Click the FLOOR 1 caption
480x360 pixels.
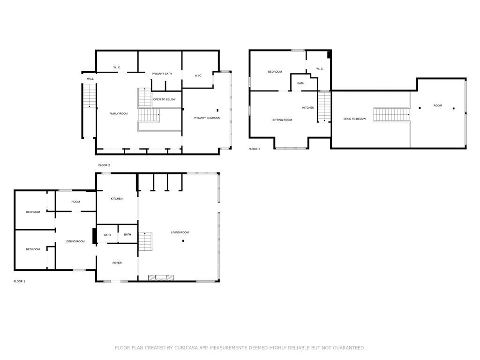(x=19, y=281)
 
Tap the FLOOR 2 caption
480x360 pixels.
(x=104, y=165)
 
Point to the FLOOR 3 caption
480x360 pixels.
(x=255, y=149)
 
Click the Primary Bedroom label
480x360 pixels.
(x=207, y=118)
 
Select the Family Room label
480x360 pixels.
(x=119, y=113)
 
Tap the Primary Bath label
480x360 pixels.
(x=162, y=74)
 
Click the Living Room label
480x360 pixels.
(x=180, y=232)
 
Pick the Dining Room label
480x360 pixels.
(x=75, y=241)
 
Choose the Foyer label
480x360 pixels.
(x=117, y=263)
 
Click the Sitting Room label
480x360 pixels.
(x=282, y=120)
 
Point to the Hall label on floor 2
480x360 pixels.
(x=90, y=79)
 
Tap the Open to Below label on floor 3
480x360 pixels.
(x=354, y=119)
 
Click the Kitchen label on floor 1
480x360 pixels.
(x=117, y=199)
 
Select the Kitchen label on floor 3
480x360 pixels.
(x=308, y=108)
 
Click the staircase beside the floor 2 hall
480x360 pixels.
(x=90, y=95)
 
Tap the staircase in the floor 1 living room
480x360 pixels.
(x=145, y=241)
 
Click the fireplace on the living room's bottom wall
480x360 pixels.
(x=161, y=277)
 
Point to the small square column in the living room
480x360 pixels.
(x=183, y=241)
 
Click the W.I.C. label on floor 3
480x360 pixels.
(x=320, y=69)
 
